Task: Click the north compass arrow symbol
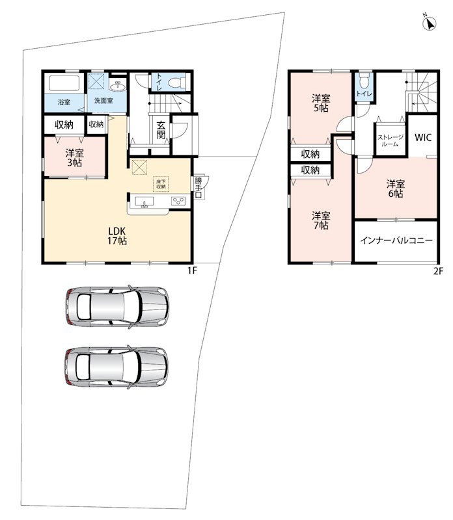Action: click(430, 23)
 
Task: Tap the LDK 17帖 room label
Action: click(117, 236)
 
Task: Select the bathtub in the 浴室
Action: click(64, 83)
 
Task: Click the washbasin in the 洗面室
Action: click(118, 86)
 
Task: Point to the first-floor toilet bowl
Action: click(177, 83)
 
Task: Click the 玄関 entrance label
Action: click(161, 130)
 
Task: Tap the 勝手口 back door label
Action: click(199, 188)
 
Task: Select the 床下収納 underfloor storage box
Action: click(161, 184)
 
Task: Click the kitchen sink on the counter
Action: click(144, 201)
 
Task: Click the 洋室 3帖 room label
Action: click(74, 158)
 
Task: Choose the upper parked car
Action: click(117, 307)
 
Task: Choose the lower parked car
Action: click(117, 367)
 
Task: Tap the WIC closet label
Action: click(423, 137)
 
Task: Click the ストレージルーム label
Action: click(391, 140)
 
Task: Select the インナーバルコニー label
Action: click(396, 240)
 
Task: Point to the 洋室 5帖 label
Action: click(321, 103)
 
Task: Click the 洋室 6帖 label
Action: click(396, 188)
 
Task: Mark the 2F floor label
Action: click(438, 271)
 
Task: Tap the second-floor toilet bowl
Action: click(364, 80)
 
